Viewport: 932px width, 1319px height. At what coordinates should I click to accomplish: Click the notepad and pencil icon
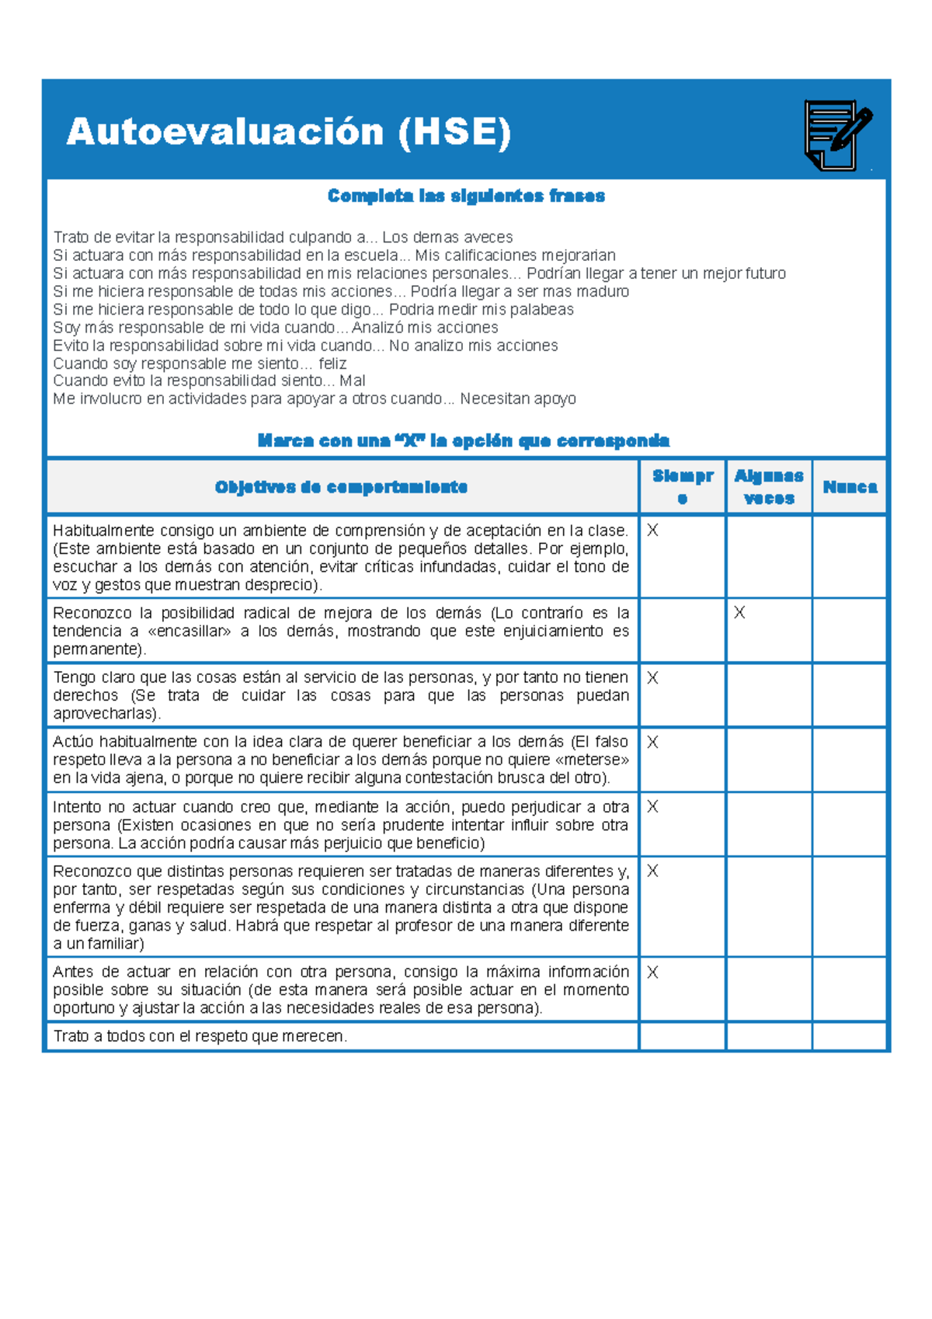click(x=837, y=134)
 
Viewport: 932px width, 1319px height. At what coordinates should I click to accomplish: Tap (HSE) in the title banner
click(x=454, y=131)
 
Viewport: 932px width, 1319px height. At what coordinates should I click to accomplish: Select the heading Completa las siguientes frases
click(x=466, y=196)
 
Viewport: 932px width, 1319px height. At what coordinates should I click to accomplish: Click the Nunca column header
click(x=850, y=487)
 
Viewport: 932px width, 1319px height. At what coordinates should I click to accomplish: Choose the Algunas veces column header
click(x=769, y=487)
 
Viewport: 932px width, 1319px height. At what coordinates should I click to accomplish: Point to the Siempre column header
click(x=683, y=487)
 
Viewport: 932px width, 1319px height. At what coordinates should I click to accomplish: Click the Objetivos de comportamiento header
click(x=341, y=487)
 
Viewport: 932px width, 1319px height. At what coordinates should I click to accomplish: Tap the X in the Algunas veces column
click(x=739, y=613)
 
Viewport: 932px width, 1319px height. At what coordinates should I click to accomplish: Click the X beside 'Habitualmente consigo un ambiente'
click(x=652, y=531)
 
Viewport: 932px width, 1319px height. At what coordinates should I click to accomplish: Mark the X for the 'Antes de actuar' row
click(x=652, y=972)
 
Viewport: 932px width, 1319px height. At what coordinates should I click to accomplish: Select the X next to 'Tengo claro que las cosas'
click(x=652, y=678)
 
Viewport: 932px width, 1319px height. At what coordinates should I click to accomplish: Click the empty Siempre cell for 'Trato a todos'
click(x=682, y=1036)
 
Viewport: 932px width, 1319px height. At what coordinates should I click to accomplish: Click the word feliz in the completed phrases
click(x=332, y=364)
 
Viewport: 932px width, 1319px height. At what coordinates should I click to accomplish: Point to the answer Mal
click(x=353, y=381)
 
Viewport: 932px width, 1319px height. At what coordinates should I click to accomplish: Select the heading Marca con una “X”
click(x=463, y=440)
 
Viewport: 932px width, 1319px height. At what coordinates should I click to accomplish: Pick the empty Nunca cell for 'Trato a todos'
click(x=849, y=1036)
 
